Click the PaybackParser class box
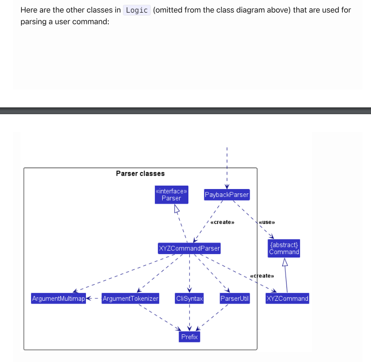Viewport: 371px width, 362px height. [226, 195]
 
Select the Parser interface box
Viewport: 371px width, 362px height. [171, 195]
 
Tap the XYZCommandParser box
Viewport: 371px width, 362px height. [189, 249]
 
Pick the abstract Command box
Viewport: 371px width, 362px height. [284, 248]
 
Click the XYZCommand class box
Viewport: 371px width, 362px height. [287, 298]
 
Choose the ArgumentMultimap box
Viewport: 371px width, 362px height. [58, 298]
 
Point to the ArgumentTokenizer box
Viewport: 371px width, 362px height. [130, 298]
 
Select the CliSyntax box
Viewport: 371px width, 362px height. [189, 298]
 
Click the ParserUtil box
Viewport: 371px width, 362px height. [235, 298]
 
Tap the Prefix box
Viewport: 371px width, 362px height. [189, 337]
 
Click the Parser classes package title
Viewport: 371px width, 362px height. [140, 173]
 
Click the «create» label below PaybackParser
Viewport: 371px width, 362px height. [222, 222]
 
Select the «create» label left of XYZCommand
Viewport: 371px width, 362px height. [260, 276]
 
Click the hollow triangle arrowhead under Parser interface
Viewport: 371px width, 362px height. [177, 209]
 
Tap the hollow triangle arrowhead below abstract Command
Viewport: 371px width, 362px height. [285, 262]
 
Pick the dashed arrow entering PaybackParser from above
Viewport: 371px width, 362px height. [226, 165]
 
